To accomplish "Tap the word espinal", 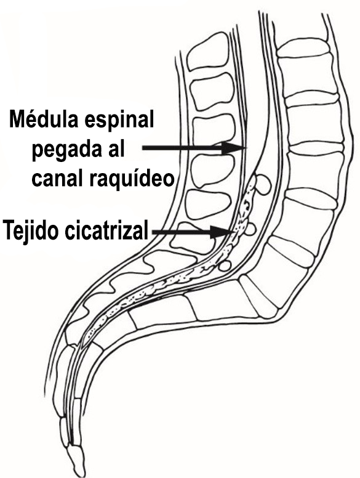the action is click(119, 119).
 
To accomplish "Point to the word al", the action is click(118, 148).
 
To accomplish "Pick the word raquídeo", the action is click(132, 178).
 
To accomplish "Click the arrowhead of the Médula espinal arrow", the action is click(234, 148).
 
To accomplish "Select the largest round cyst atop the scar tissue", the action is click(262, 184).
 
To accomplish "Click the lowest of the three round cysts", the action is click(226, 265).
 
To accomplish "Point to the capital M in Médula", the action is click(17, 119).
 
